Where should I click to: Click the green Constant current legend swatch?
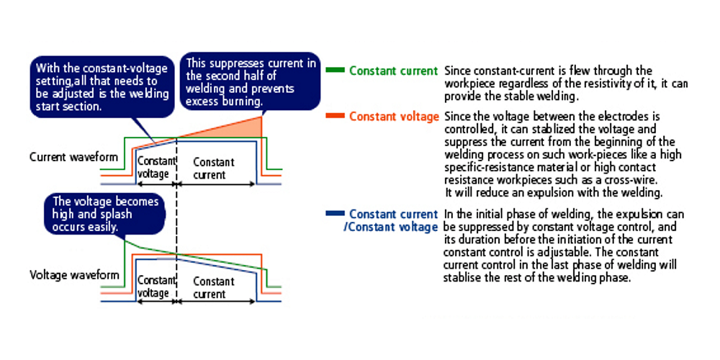(335, 71)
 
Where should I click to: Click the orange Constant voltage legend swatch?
(335, 116)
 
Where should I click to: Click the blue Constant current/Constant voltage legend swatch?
(335, 214)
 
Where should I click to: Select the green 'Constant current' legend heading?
(394, 71)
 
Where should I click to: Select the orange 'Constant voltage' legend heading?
(394, 117)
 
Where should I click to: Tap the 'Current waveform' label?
(73, 157)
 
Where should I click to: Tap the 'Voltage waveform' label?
(74, 275)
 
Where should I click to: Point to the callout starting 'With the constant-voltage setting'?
(102, 87)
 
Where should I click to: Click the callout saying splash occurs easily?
(105, 215)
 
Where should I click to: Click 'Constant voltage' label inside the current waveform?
(156, 168)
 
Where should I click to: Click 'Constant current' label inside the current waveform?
(214, 168)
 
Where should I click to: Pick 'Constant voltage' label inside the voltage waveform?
(156, 287)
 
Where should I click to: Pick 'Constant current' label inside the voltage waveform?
(214, 287)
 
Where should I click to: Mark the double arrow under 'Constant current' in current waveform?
(216, 184)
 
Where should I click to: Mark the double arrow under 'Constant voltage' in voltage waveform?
(156, 302)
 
